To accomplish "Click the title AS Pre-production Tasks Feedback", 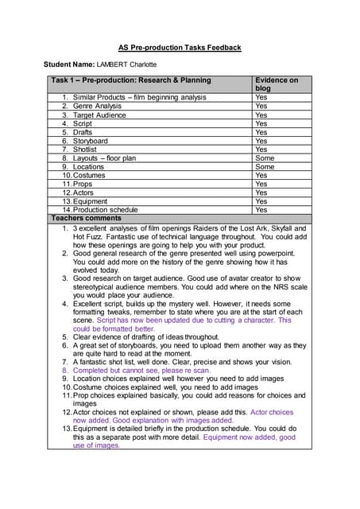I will (180, 48).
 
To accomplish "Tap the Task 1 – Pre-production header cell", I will (131, 80).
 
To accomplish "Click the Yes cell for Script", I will (261, 123).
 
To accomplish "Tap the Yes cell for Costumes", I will (261, 176).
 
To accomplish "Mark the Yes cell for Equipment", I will (261, 201).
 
